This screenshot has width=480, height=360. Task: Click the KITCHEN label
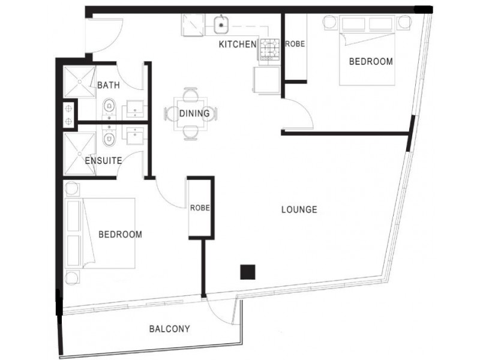point(237,44)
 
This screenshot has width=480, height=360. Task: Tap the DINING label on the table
point(194,113)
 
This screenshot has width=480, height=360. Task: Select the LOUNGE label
point(299,210)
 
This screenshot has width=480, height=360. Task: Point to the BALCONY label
point(169,329)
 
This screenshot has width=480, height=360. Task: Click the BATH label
point(109,86)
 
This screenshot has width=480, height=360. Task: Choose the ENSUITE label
point(104,161)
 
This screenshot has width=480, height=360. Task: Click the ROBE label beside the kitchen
point(295,44)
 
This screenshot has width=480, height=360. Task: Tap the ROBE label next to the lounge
point(200,208)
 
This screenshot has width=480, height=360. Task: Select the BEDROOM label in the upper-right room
point(371,61)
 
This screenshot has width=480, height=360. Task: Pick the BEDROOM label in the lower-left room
point(120,234)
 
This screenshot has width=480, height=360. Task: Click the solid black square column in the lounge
point(248,272)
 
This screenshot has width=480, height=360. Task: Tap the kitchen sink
point(221,25)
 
